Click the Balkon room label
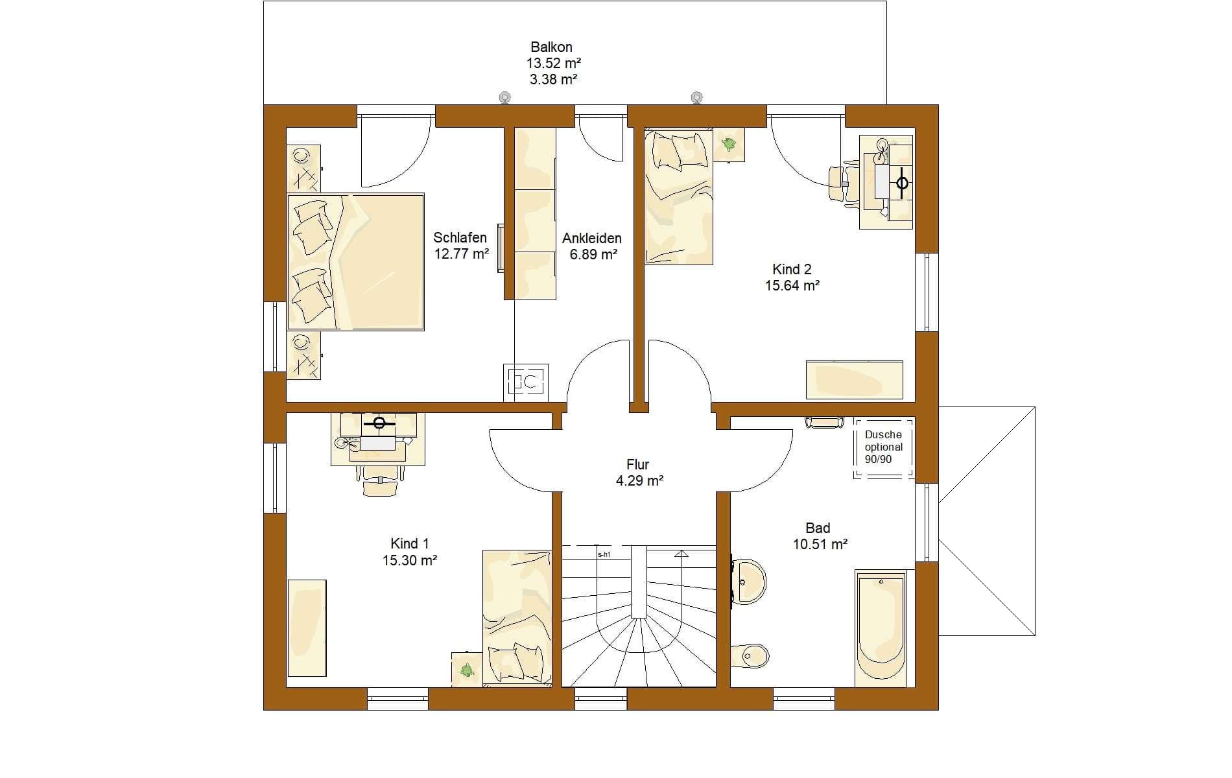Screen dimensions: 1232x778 (x=551, y=47)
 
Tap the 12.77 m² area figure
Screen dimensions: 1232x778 (x=461, y=254)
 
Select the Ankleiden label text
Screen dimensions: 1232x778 (x=592, y=238)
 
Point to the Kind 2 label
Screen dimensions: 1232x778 (x=792, y=269)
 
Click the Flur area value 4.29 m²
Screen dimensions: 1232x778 (x=639, y=480)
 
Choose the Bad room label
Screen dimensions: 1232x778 (x=818, y=528)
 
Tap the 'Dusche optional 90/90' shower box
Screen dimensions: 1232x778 (x=883, y=447)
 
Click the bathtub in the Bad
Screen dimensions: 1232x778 (x=881, y=628)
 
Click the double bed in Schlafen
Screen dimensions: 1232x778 (x=355, y=262)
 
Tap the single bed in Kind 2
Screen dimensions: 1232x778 (x=678, y=197)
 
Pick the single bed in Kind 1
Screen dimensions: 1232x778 (x=517, y=617)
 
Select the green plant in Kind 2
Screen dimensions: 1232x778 (x=729, y=144)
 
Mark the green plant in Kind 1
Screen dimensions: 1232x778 (x=466, y=669)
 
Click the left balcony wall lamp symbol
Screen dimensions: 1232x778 (x=504, y=98)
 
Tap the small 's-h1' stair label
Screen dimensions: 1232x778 (x=604, y=554)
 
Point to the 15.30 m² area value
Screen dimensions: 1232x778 (x=409, y=560)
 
